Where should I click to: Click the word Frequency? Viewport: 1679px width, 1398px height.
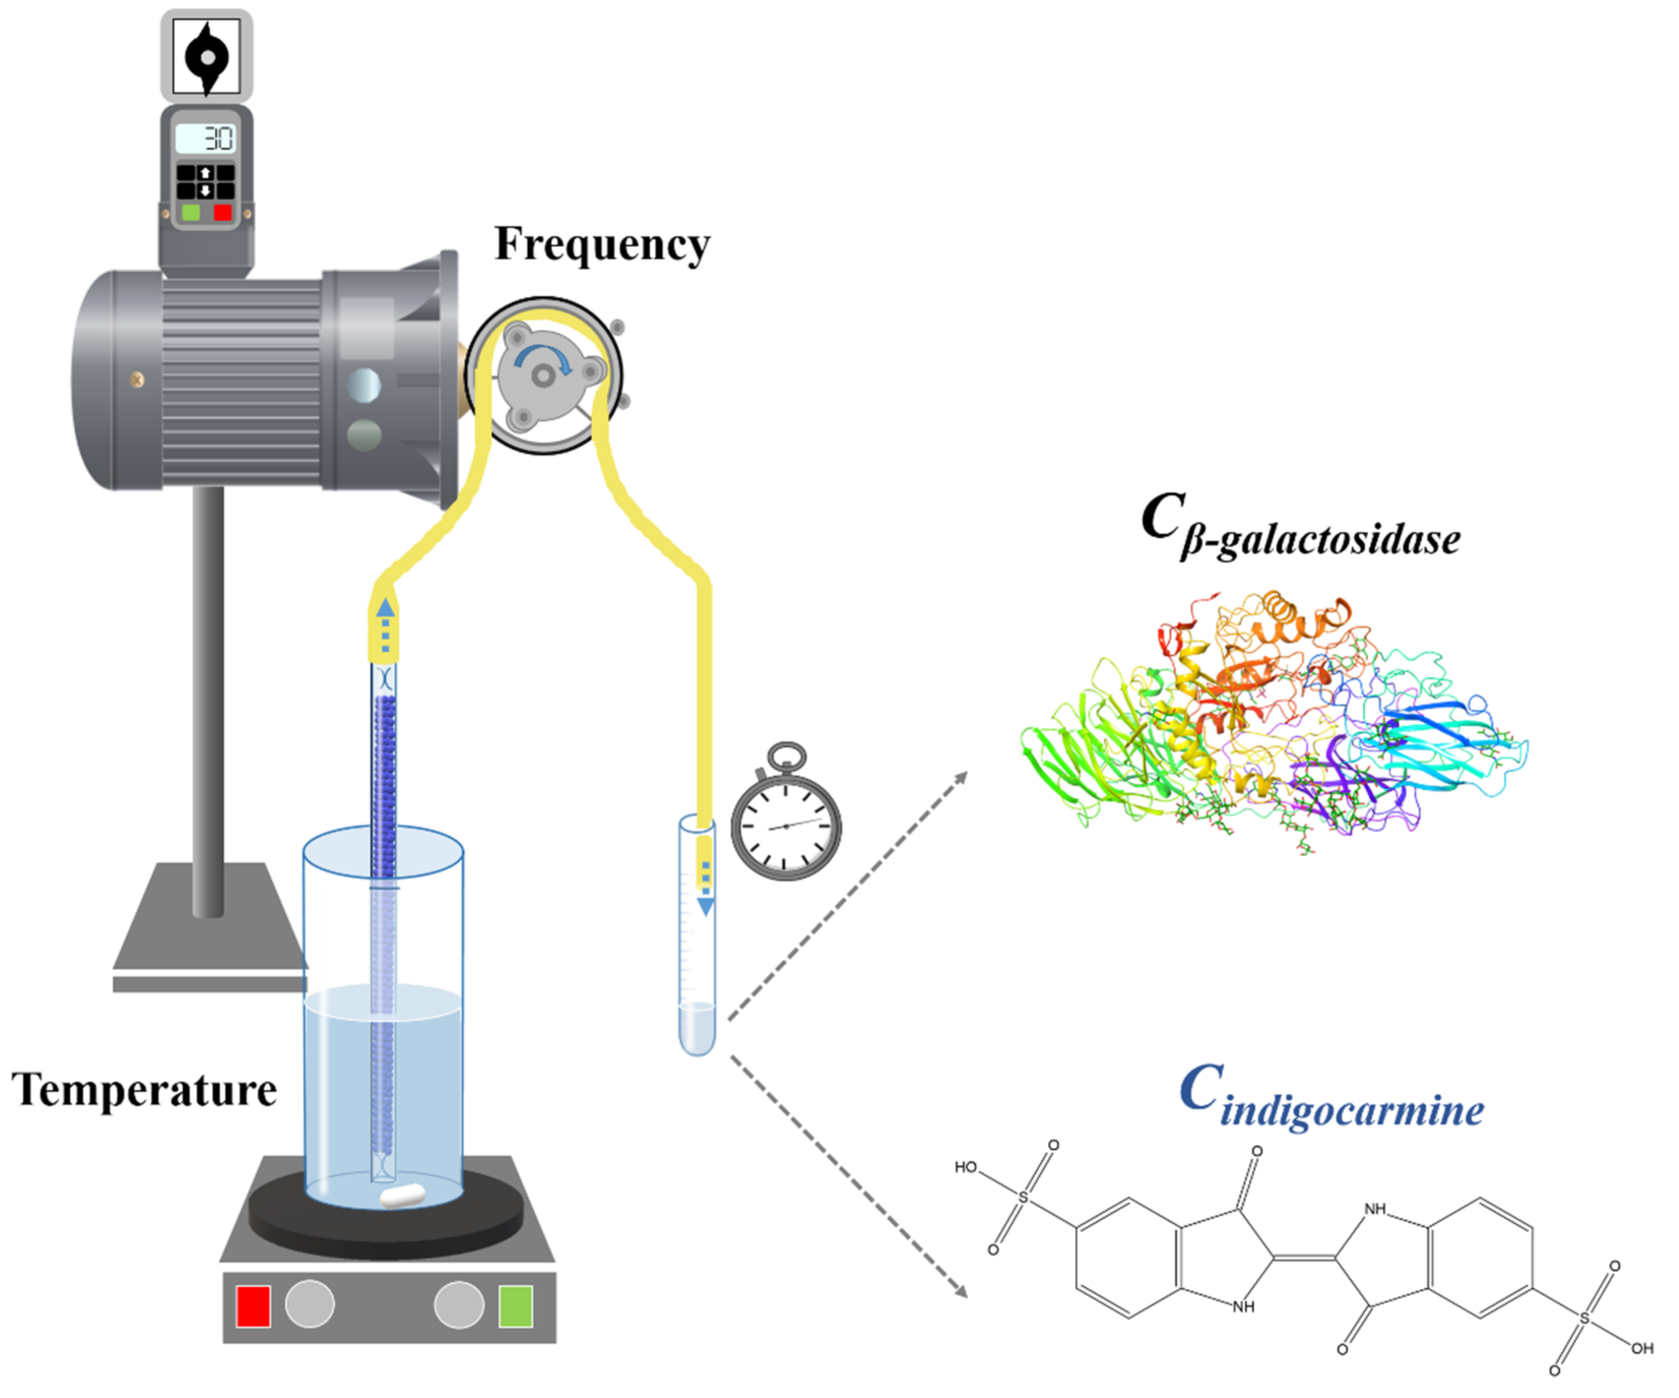point(601,244)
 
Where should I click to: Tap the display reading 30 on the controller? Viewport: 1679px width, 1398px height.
point(205,139)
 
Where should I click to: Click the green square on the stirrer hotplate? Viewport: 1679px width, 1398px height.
point(516,1306)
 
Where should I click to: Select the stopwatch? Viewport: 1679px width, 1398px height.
point(786,825)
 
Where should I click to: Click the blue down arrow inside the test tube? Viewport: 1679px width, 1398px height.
point(705,906)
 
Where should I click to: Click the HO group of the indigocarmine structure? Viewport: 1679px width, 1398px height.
point(966,1167)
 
